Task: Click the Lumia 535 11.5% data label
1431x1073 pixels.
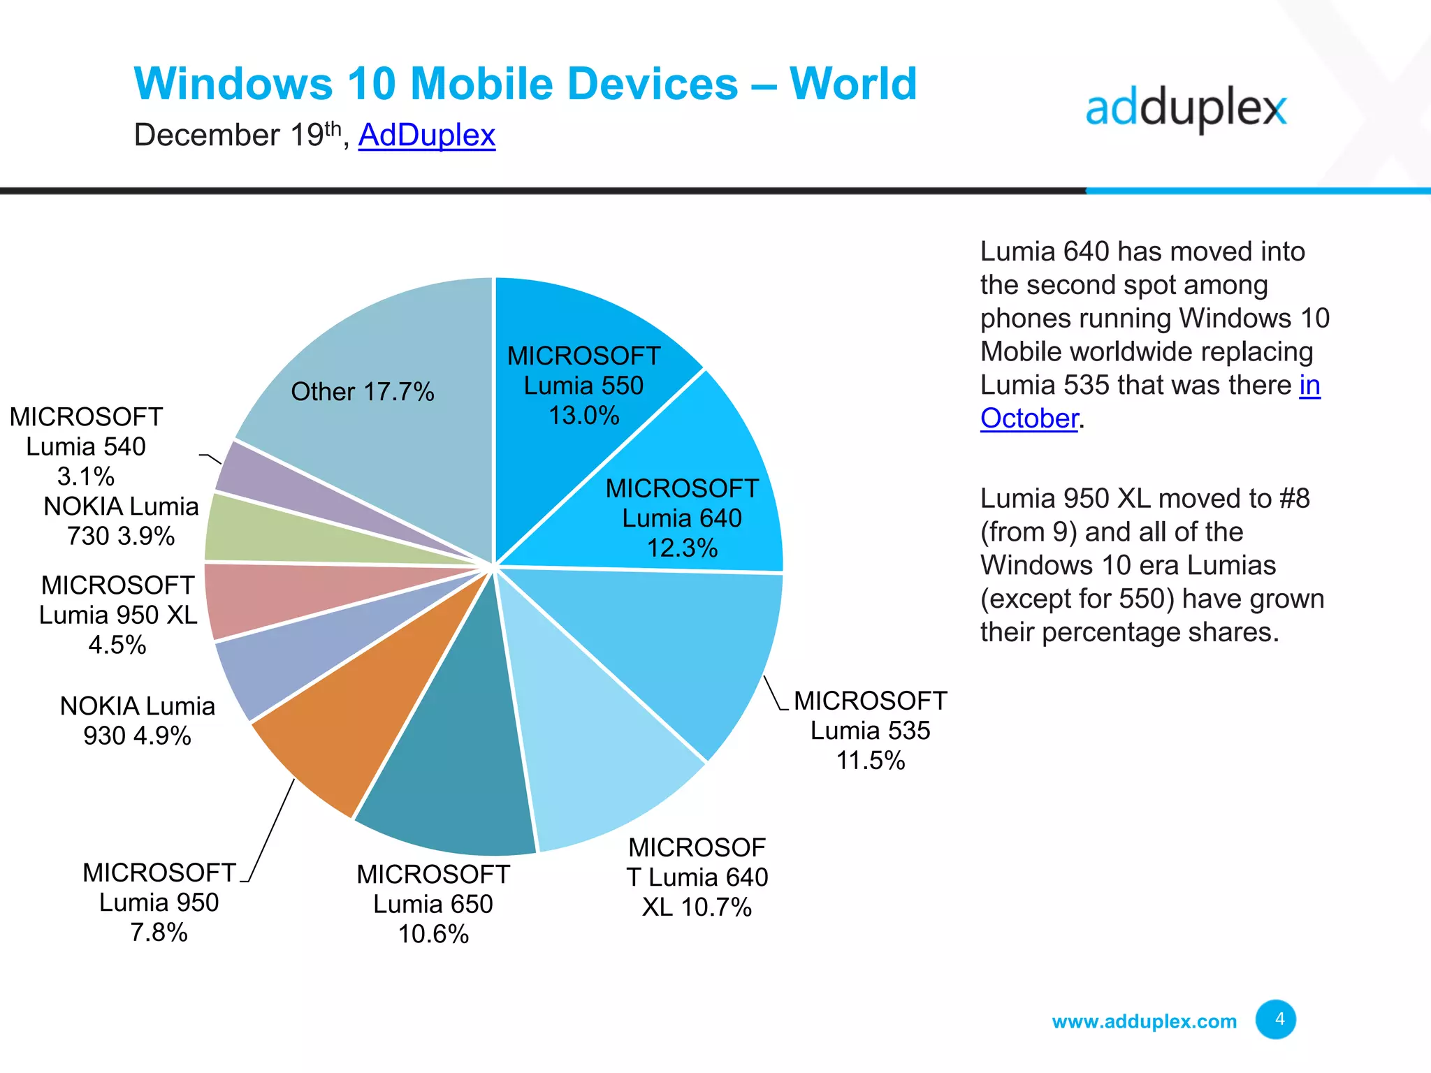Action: pyautogui.click(x=870, y=730)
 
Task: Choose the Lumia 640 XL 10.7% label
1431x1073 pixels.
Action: pyautogui.click(x=697, y=877)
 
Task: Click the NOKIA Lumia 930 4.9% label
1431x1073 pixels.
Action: pyautogui.click(x=137, y=720)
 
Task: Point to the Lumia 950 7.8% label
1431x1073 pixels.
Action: pyautogui.click(x=159, y=902)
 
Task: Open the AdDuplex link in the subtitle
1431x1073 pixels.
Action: pyautogui.click(x=426, y=135)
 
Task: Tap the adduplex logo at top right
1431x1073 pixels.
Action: pyautogui.click(x=1186, y=109)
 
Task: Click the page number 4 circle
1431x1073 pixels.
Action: pyautogui.click(x=1275, y=1019)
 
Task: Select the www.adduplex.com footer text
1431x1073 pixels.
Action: pyautogui.click(x=1144, y=1021)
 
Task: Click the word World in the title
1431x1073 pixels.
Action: pyautogui.click(x=852, y=84)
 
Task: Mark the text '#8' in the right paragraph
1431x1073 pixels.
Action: pyautogui.click(x=1294, y=499)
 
